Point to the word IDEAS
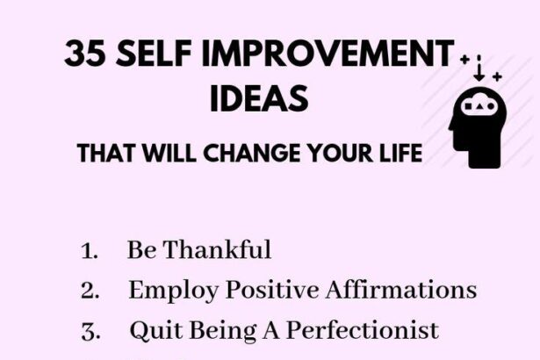pos(259,98)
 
